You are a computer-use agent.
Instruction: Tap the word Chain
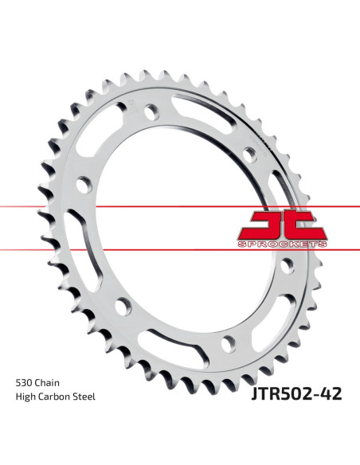point(47,383)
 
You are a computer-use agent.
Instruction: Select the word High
point(25,397)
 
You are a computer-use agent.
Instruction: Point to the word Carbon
point(55,397)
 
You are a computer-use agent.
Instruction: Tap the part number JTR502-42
point(296,394)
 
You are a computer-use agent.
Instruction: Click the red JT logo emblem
point(284,226)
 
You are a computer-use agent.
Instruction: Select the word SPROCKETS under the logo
point(283,244)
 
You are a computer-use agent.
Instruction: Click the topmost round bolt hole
point(152,111)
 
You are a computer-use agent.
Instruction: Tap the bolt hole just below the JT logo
point(287,266)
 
